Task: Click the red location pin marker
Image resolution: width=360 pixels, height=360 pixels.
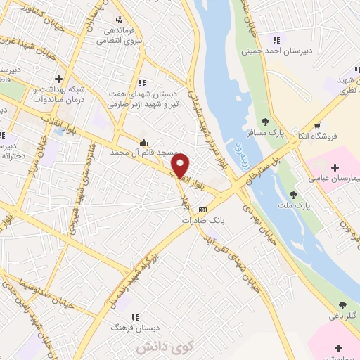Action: click(x=181, y=165)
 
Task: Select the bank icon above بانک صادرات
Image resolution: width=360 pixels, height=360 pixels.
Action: click(x=203, y=210)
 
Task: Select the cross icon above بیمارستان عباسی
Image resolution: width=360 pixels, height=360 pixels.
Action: click(x=335, y=167)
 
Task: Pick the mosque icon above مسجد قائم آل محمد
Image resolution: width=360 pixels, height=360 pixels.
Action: click(x=144, y=141)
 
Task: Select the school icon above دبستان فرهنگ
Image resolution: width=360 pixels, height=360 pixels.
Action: click(x=134, y=317)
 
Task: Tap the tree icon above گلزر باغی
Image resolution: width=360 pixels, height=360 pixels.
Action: click(x=342, y=305)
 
